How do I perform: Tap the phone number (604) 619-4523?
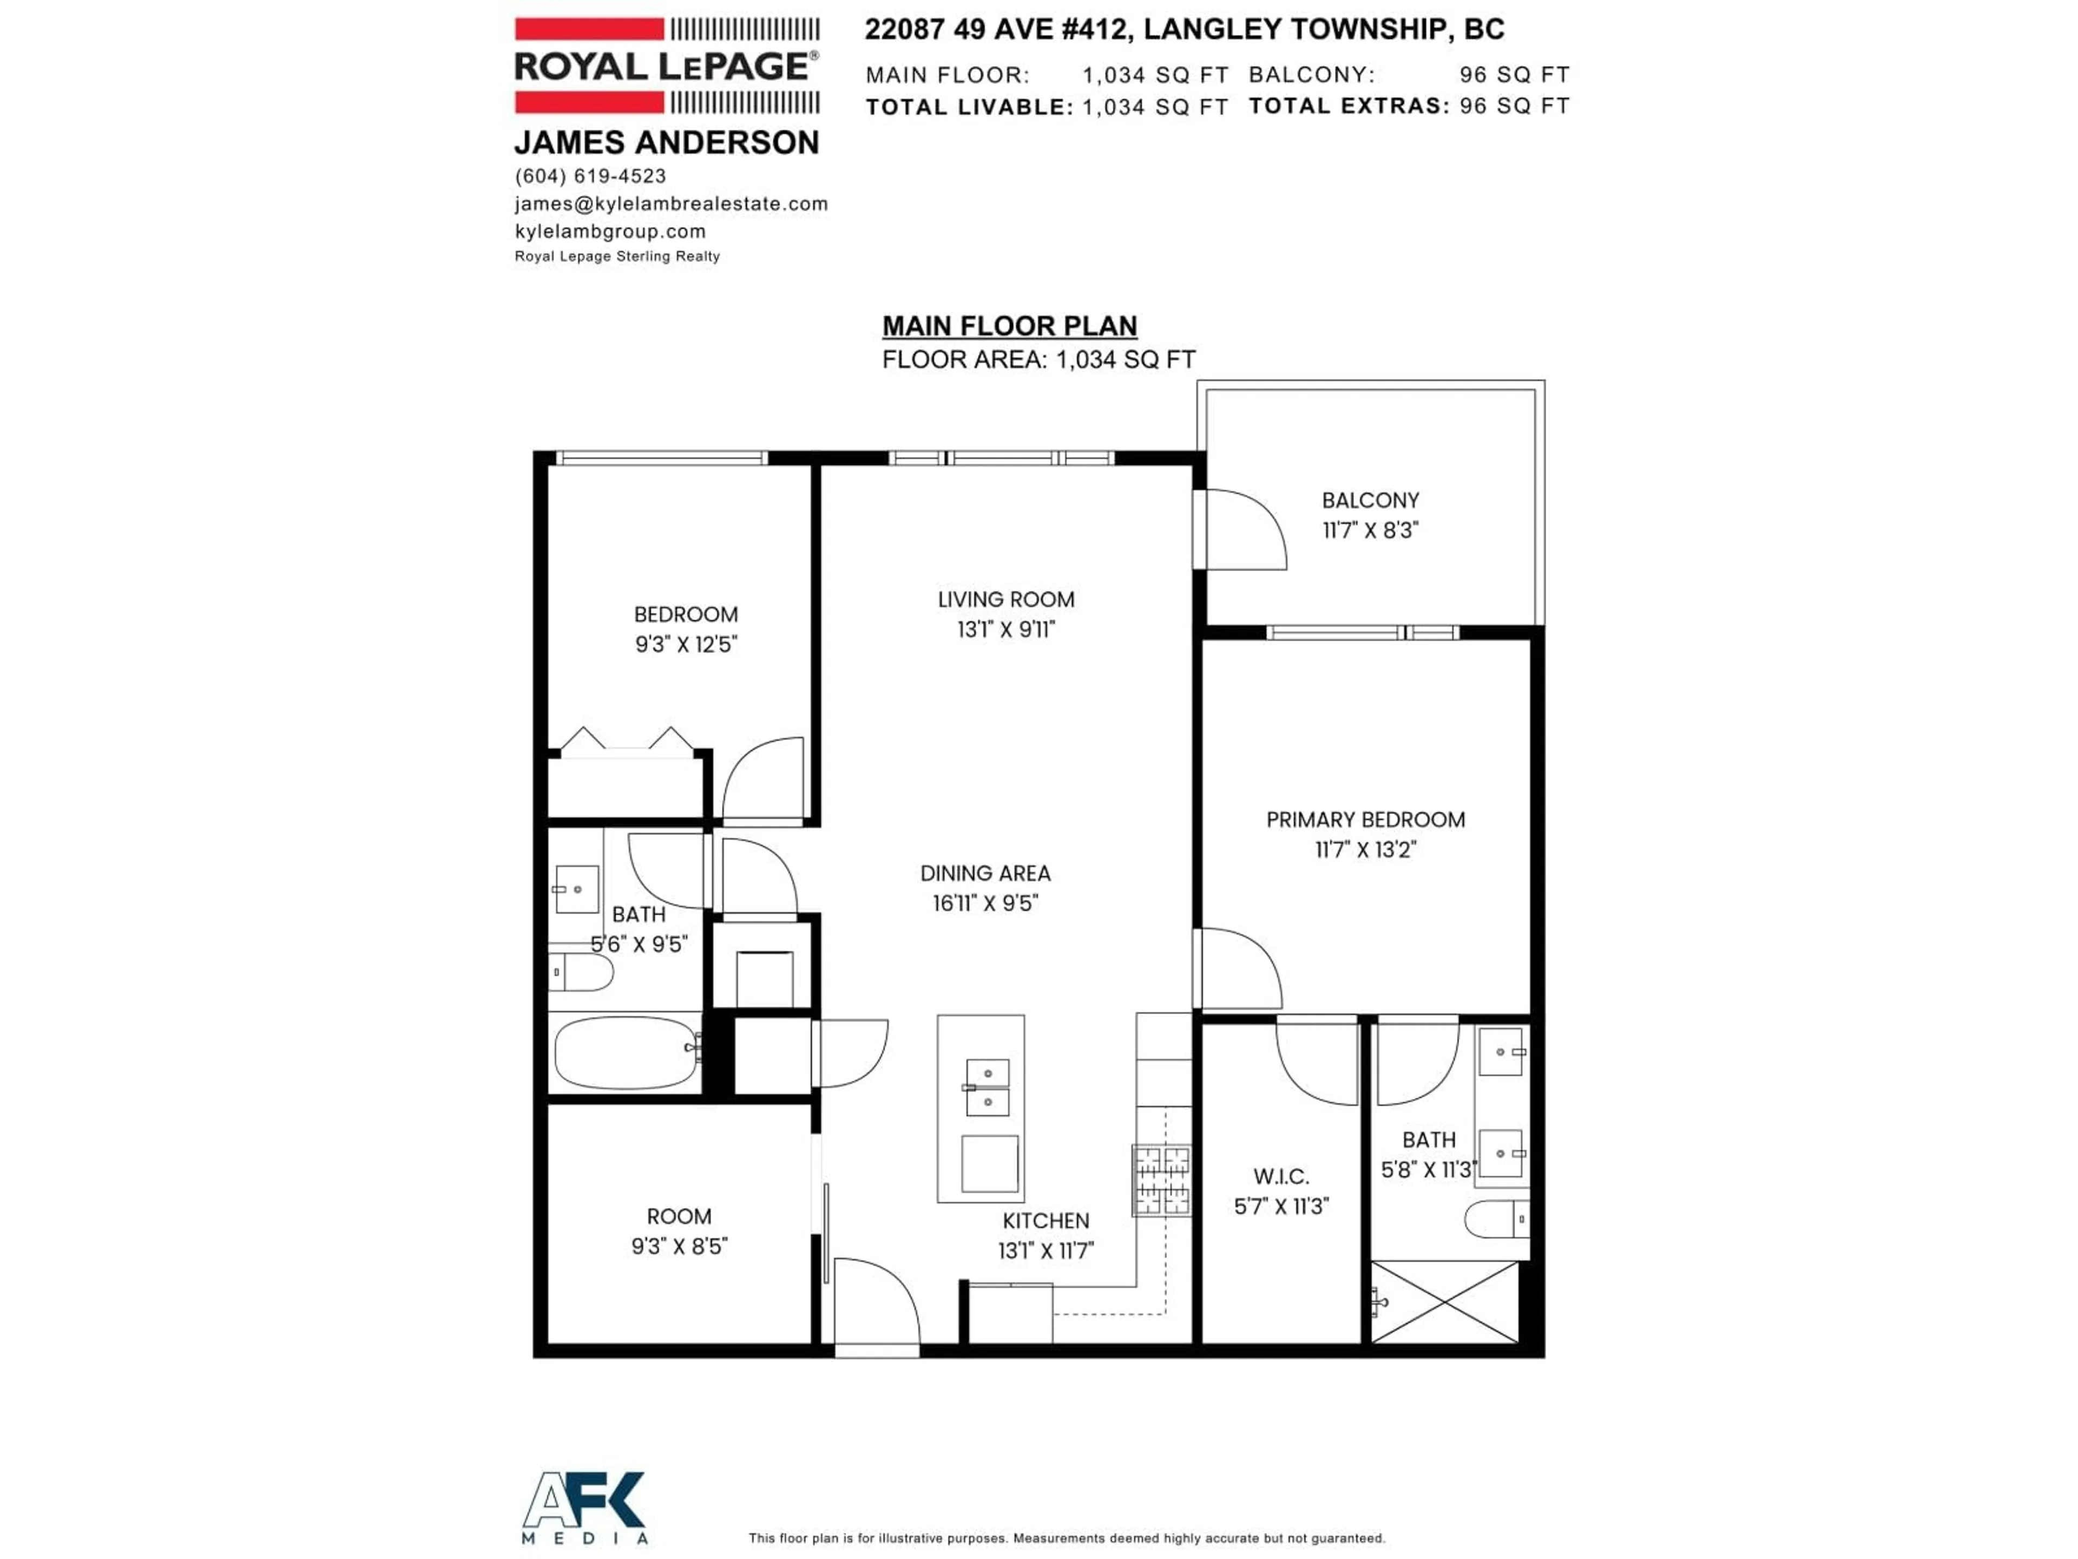(x=590, y=176)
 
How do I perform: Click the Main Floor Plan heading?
(x=1009, y=326)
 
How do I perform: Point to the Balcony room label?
(x=1370, y=501)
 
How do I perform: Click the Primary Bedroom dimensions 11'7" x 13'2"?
(x=1365, y=849)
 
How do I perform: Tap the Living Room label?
(x=1005, y=600)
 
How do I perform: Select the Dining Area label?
(x=984, y=873)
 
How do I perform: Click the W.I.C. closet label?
(x=1280, y=1176)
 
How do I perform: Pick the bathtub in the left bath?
(x=624, y=1052)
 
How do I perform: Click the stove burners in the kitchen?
(x=1161, y=1180)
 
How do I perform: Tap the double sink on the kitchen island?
(x=988, y=1088)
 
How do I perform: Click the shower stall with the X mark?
(x=1444, y=1301)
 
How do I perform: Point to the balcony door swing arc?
(x=1245, y=529)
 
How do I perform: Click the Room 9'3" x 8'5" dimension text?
(x=679, y=1246)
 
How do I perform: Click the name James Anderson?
(x=666, y=143)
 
